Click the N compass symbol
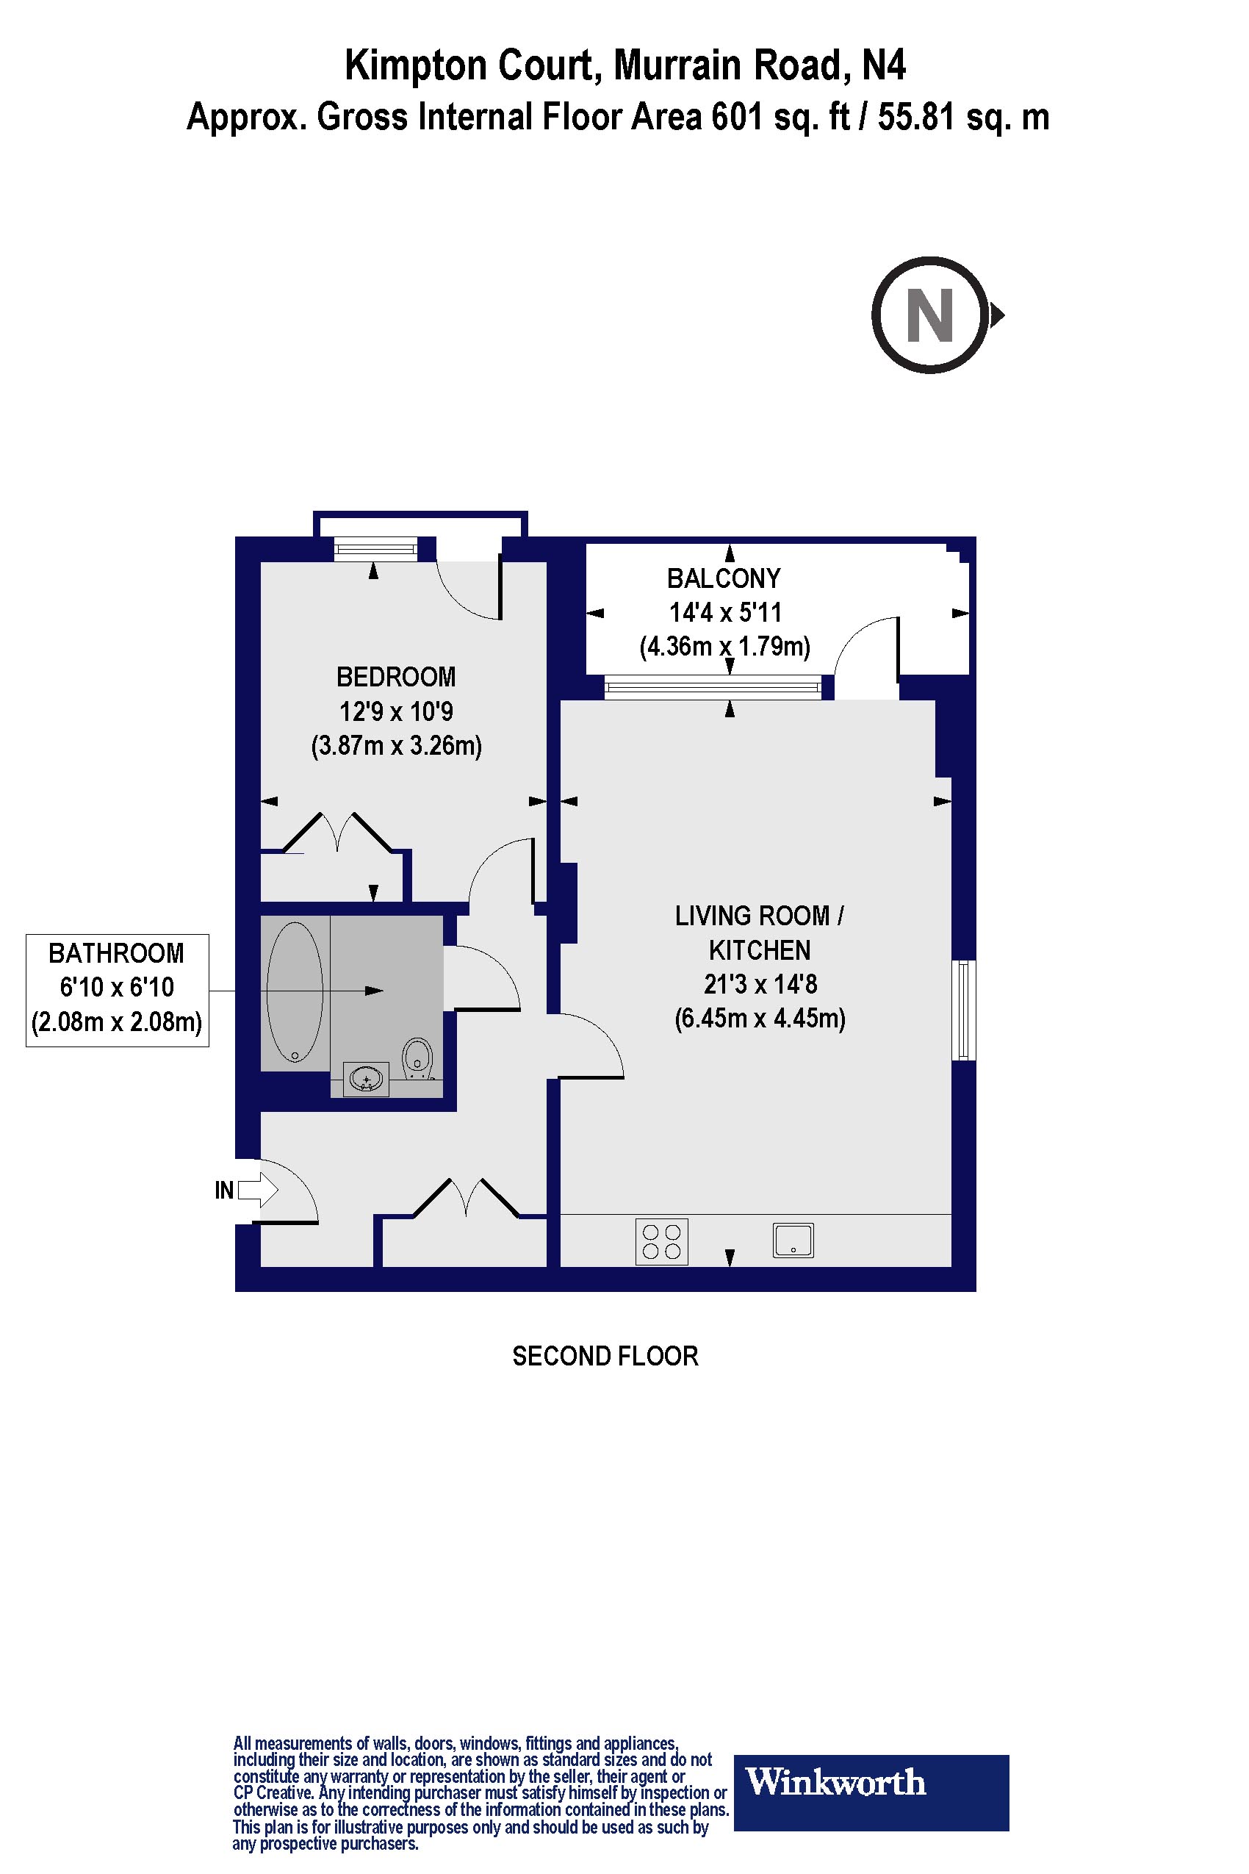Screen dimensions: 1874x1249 pyautogui.click(x=930, y=315)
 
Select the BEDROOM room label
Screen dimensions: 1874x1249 pyautogui.click(x=396, y=678)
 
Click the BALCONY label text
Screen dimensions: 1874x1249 pyautogui.click(x=723, y=578)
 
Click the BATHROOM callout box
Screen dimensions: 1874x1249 pyautogui.click(x=117, y=990)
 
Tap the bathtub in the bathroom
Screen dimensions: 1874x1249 pyautogui.click(x=295, y=992)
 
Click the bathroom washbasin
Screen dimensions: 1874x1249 pyautogui.click(x=366, y=1079)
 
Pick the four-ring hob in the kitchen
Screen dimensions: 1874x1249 pyautogui.click(x=661, y=1241)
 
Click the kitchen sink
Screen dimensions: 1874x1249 pyautogui.click(x=793, y=1241)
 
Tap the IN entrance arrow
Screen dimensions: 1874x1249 pyautogui.click(x=256, y=1191)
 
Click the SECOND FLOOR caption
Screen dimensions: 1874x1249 pyautogui.click(x=605, y=1356)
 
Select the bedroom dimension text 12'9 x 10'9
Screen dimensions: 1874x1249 pyautogui.click(x=396, y=711)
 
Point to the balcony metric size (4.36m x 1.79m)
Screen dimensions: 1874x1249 pyautogui.click(x=724, y=646)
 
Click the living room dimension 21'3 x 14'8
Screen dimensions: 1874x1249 pyautogui.click(x=760, y=985)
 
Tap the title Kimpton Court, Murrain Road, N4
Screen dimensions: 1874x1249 pyautogui.click(x=624, y=66)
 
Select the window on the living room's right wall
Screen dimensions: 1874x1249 pyautogui.click(x=964, y=1010)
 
